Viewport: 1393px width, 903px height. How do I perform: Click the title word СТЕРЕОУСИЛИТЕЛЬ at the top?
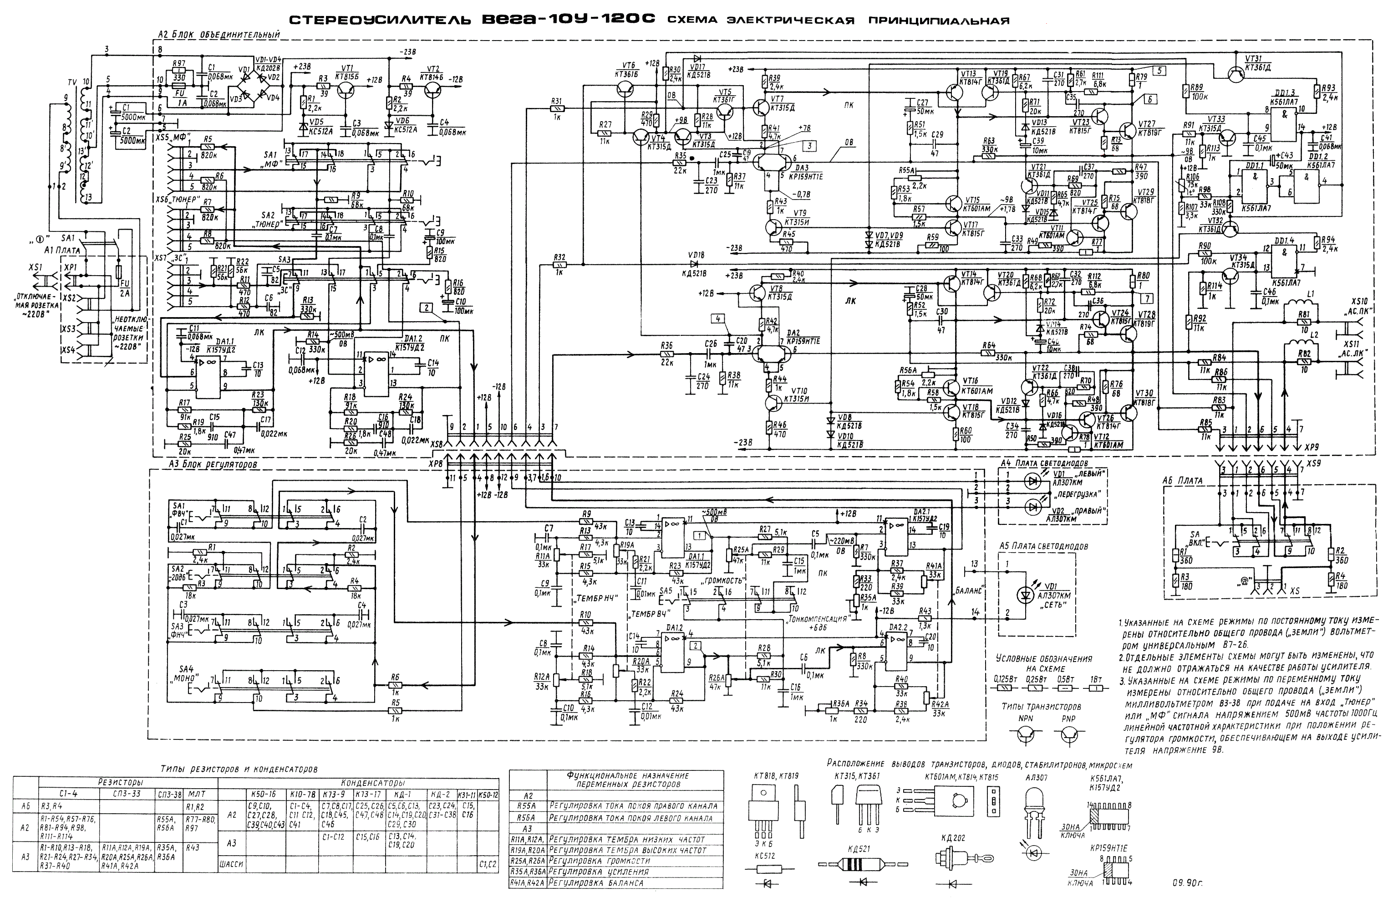pos(381,21)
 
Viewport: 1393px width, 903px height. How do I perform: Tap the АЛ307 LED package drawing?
pos(1034,811)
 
